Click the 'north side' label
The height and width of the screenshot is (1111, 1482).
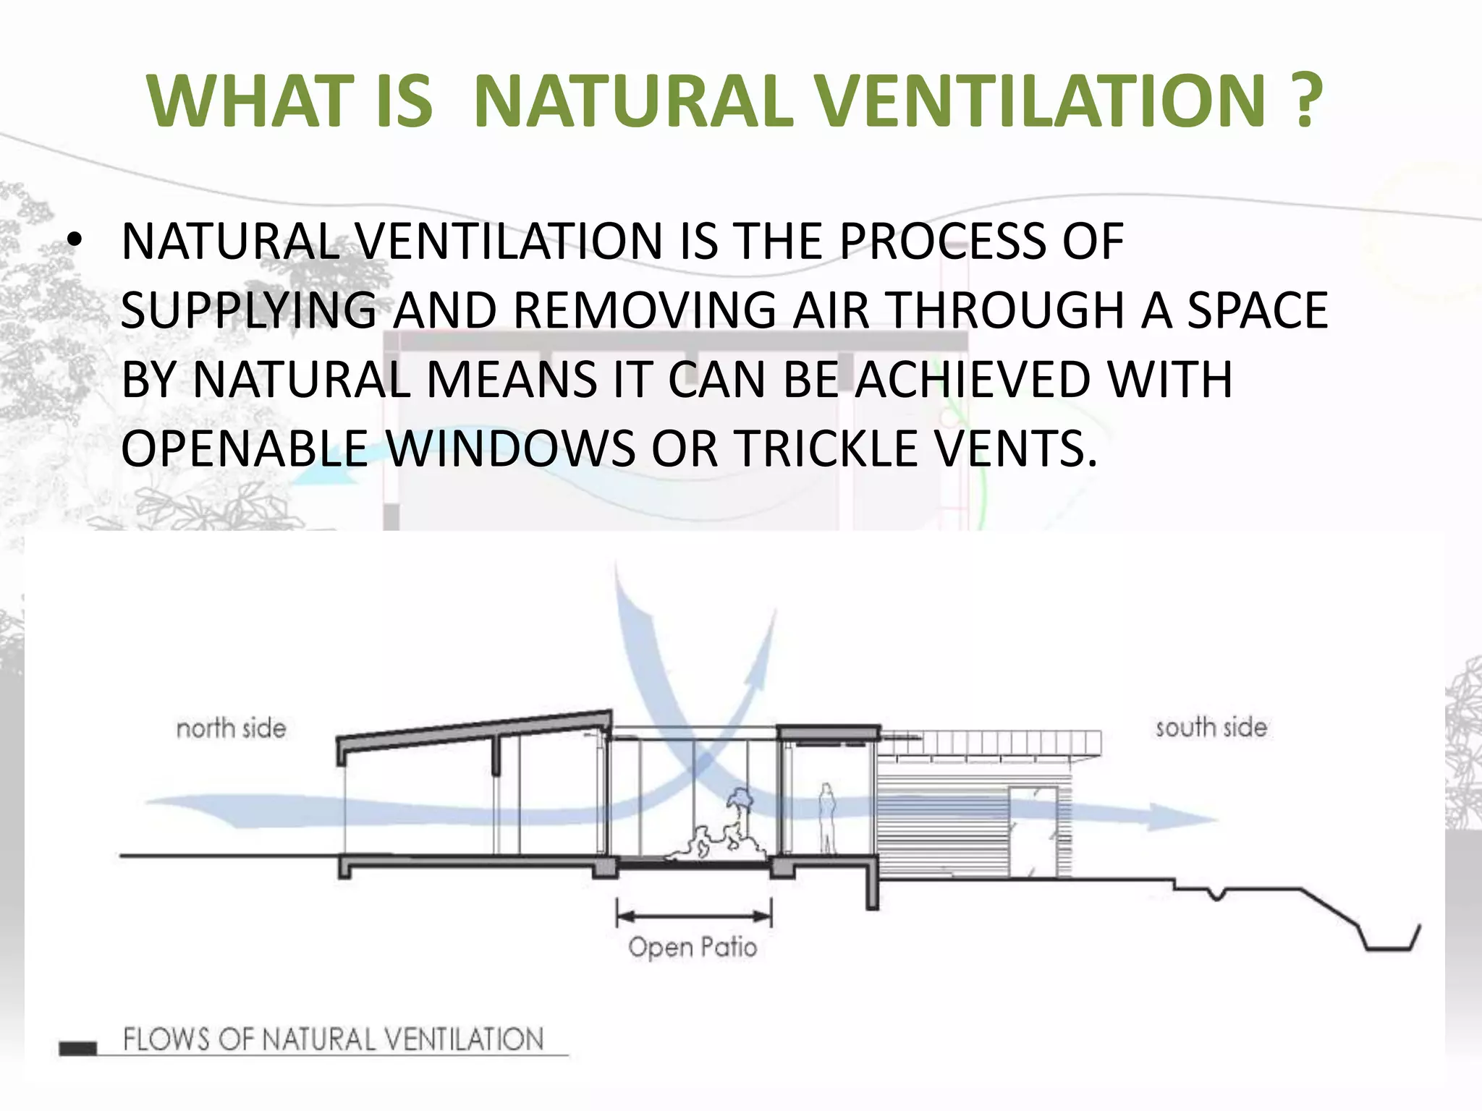click(232, 728)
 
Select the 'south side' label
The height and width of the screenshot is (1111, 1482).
click(1211, 728)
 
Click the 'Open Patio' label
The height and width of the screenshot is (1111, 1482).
click(693, 948)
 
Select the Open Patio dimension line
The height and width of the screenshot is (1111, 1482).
click(693, 916)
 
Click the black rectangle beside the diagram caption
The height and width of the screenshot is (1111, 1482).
click(77, 1048)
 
